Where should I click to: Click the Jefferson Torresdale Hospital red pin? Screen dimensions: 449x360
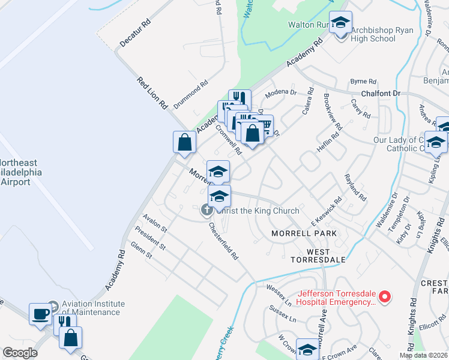click(387, 297)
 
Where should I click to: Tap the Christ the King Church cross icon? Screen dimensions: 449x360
click(206, 210)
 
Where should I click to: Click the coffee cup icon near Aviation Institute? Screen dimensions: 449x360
click(41, 314)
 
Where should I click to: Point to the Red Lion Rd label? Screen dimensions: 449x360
click(152, 94)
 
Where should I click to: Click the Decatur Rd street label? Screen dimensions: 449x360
click(134, 35)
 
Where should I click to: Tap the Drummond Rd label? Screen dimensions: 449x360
click(190, 94)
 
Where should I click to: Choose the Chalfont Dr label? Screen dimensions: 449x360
click(381, 94)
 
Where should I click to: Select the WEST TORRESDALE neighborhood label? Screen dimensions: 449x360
click(318, 256)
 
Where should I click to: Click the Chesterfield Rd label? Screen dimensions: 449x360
click(224, 241)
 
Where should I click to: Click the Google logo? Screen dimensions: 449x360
click(20, 353)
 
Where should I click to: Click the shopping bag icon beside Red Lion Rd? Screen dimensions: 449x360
click(184, 142)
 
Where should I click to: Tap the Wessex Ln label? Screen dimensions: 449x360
click(278, 291)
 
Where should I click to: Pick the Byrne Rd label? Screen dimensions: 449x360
click(363, 81)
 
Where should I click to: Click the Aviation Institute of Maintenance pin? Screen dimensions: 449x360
click(52, 306)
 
